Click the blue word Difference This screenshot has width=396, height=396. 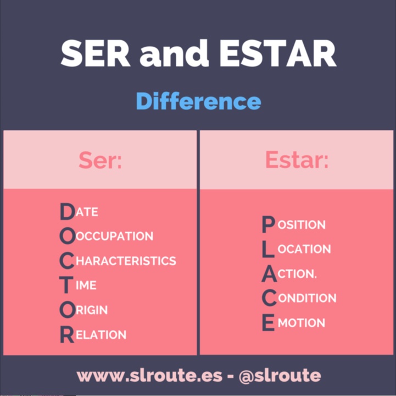(198, 102)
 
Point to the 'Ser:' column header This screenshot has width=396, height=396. (100, 160)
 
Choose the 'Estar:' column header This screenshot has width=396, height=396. (297, 160)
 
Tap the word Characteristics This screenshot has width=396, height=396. (118, 261)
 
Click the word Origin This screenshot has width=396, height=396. (84, 310)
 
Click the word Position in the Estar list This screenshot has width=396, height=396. (294, 224)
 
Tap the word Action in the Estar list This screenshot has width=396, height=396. (290, 274)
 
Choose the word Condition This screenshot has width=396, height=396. (299, 298)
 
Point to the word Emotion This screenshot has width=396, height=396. (294, 323)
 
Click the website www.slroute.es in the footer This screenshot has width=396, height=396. (150, 376)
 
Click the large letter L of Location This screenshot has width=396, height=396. (268, 249)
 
